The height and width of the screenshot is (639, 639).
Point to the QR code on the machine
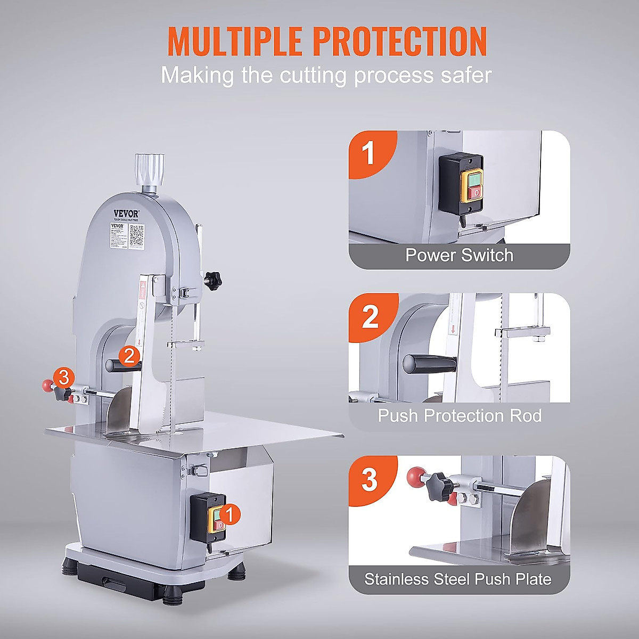tap(137, 235)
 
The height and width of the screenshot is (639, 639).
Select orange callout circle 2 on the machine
tap(129, 356)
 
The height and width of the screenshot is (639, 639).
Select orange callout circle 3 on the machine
tap(63, 378)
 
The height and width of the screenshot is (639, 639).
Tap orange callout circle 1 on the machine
tap(229, 514)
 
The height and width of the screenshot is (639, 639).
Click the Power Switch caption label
tap(459, 255)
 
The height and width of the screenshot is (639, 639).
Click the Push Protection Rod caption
tap(459, 415)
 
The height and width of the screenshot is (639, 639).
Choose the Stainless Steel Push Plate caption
tap(458, 579)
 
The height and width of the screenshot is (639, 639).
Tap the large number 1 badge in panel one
tap(368, 154)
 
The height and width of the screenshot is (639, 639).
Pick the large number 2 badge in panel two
tap(370, 317)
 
